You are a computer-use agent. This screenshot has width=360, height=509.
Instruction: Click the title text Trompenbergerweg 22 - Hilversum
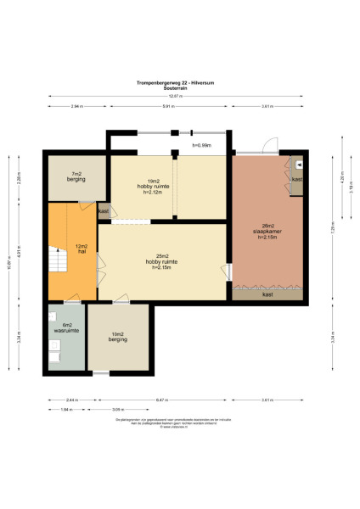tap(179, 82)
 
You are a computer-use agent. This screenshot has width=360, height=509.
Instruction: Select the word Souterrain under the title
tap(179, 87)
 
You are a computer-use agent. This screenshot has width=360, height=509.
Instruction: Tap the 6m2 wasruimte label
tap(65, 328)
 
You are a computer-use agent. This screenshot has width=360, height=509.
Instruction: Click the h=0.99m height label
tap(200, 146)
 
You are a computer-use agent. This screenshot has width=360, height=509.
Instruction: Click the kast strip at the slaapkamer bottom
tap(267, 294)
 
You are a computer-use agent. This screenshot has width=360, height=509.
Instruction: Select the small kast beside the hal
tap(104, 211)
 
